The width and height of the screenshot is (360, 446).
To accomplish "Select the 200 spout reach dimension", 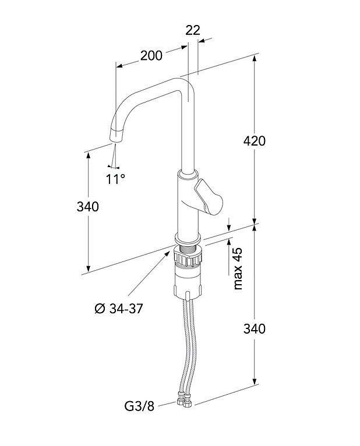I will pos(151,56).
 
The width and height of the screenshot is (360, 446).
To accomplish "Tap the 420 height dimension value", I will pos(254,140).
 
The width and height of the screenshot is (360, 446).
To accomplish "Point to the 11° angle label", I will pos(115,179).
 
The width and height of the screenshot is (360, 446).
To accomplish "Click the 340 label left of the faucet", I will pos(87,207).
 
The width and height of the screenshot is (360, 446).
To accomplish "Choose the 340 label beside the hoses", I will pos(254,328).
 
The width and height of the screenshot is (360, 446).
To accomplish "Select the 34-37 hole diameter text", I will pos(125,308).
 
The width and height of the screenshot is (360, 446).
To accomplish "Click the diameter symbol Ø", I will pos(99,308).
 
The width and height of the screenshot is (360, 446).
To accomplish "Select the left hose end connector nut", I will pos(180,401).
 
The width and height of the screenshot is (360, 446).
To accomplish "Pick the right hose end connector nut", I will pos(189,401).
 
